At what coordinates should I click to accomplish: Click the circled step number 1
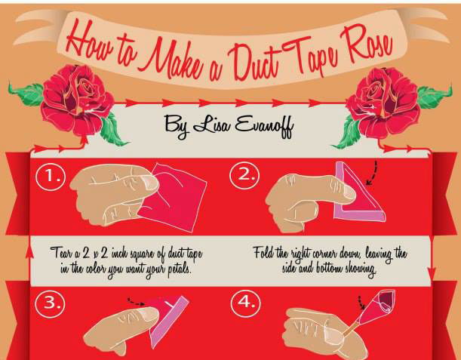(51, 176)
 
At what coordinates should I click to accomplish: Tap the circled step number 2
(244, 175)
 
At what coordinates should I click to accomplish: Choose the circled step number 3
(50, 303)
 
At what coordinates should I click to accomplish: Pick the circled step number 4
(245, 303)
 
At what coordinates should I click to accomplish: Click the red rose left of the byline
(77, 99)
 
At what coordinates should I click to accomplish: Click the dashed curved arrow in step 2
(372, 173)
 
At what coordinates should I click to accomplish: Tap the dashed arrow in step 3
(136, 302)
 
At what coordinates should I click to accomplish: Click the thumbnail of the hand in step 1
(149, 182)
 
